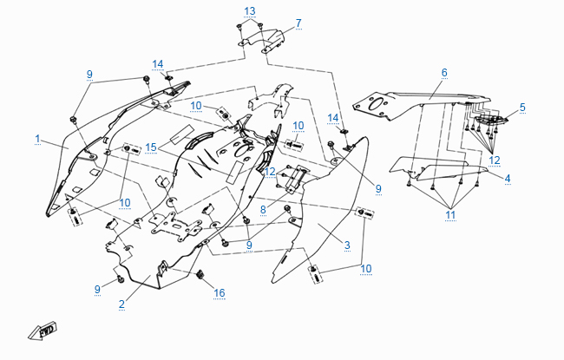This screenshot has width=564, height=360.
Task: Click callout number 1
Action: point(38,139)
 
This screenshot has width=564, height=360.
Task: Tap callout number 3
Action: point(346,245)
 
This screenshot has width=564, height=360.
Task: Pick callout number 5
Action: point(522,107)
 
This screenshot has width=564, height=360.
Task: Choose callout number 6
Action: point(443,72)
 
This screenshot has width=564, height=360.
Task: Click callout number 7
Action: point(298,23)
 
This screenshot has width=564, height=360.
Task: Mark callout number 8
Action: point(263,208)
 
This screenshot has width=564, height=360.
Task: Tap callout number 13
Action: point(250,10)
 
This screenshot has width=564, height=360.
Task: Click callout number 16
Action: point(220,293)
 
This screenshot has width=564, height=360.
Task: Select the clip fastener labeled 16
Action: point(201,276)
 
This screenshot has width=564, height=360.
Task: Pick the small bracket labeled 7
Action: point(265,40)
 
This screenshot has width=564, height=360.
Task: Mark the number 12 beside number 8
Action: point(270,171)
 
